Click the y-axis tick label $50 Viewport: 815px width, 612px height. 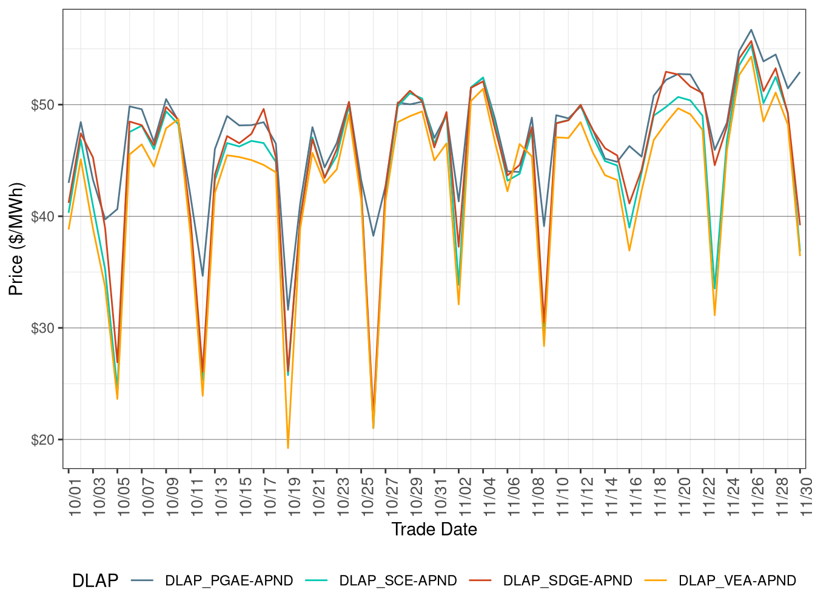point(42,104)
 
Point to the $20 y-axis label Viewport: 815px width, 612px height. point(42,440)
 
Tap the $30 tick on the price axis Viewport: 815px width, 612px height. point(42,328)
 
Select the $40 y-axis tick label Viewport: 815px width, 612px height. point(42,216)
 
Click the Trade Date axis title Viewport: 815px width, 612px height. point(434,529)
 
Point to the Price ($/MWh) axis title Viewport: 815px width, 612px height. point(16,239)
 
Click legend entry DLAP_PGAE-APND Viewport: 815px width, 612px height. point(229,581)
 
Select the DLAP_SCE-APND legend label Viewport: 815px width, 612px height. point(398,581)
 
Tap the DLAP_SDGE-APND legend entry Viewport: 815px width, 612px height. point(568,581)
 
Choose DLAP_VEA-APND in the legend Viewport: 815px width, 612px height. point(737,581)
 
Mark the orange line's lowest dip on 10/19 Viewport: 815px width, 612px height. point(288,448)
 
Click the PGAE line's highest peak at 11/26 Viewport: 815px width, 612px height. point(751,30)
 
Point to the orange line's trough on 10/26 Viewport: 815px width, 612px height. point(373,428)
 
